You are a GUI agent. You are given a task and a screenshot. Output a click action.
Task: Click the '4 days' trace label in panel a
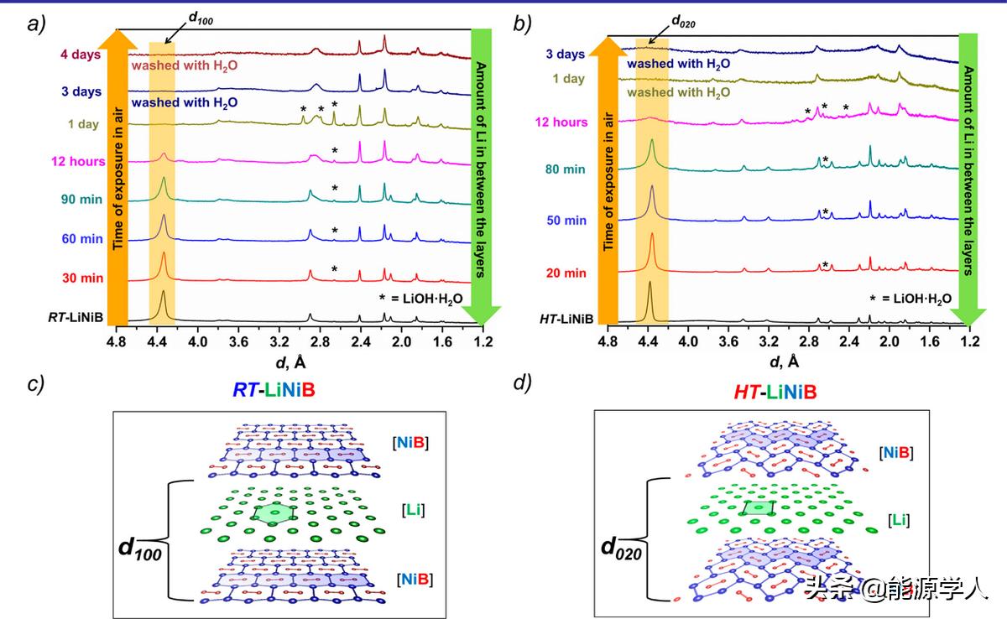81,56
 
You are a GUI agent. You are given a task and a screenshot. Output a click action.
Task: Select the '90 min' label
81,200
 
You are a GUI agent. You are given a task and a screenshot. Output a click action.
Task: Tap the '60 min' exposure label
81,239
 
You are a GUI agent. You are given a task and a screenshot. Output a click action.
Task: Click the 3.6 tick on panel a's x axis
238,343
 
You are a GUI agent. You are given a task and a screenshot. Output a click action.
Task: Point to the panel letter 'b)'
522,24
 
